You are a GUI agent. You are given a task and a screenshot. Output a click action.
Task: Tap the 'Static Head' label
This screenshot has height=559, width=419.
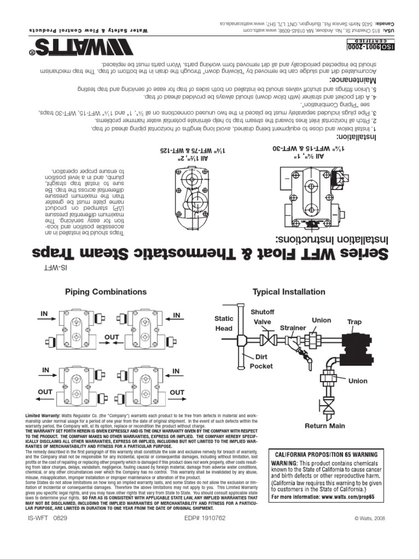[224, 323]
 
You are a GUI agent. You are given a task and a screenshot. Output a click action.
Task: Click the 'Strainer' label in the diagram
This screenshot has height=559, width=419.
[294, 328]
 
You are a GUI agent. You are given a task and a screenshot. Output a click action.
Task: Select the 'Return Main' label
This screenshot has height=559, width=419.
[324, 426]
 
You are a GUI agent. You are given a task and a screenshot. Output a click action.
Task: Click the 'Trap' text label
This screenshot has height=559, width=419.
[354, 322]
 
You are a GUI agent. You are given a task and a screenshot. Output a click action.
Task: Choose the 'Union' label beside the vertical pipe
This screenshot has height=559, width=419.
[358, 380]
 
